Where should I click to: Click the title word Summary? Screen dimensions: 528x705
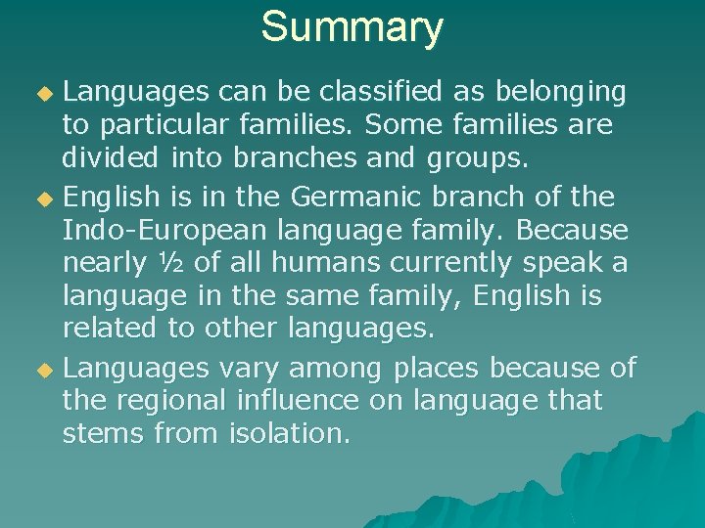coord(352,27)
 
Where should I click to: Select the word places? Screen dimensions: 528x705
coord(437,368)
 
